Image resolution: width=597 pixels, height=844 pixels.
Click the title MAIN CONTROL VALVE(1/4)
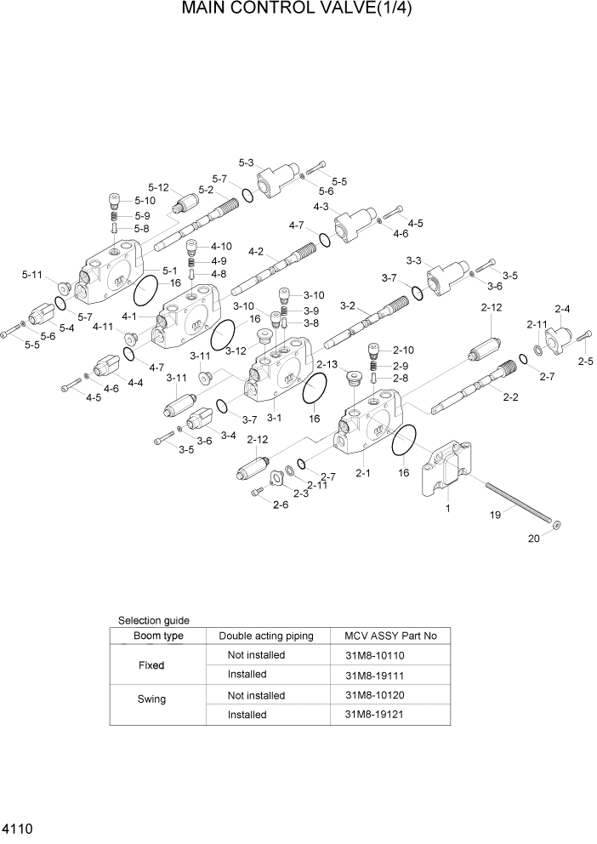pos(298,10)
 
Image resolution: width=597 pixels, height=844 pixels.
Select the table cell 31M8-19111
pos(373,675)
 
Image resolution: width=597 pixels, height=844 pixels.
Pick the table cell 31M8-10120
pos(373,695)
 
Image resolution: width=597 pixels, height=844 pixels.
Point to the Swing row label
pos(151,699)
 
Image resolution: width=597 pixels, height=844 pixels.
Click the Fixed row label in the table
pos(151,664)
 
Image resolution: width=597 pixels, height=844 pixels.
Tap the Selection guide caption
pos(153,620)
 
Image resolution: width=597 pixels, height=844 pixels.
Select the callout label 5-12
pos(158,187)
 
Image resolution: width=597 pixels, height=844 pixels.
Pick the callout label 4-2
pos(255,251)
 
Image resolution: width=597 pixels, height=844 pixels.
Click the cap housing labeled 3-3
pos(444,277)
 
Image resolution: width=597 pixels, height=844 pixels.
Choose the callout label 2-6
pos(279,505)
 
